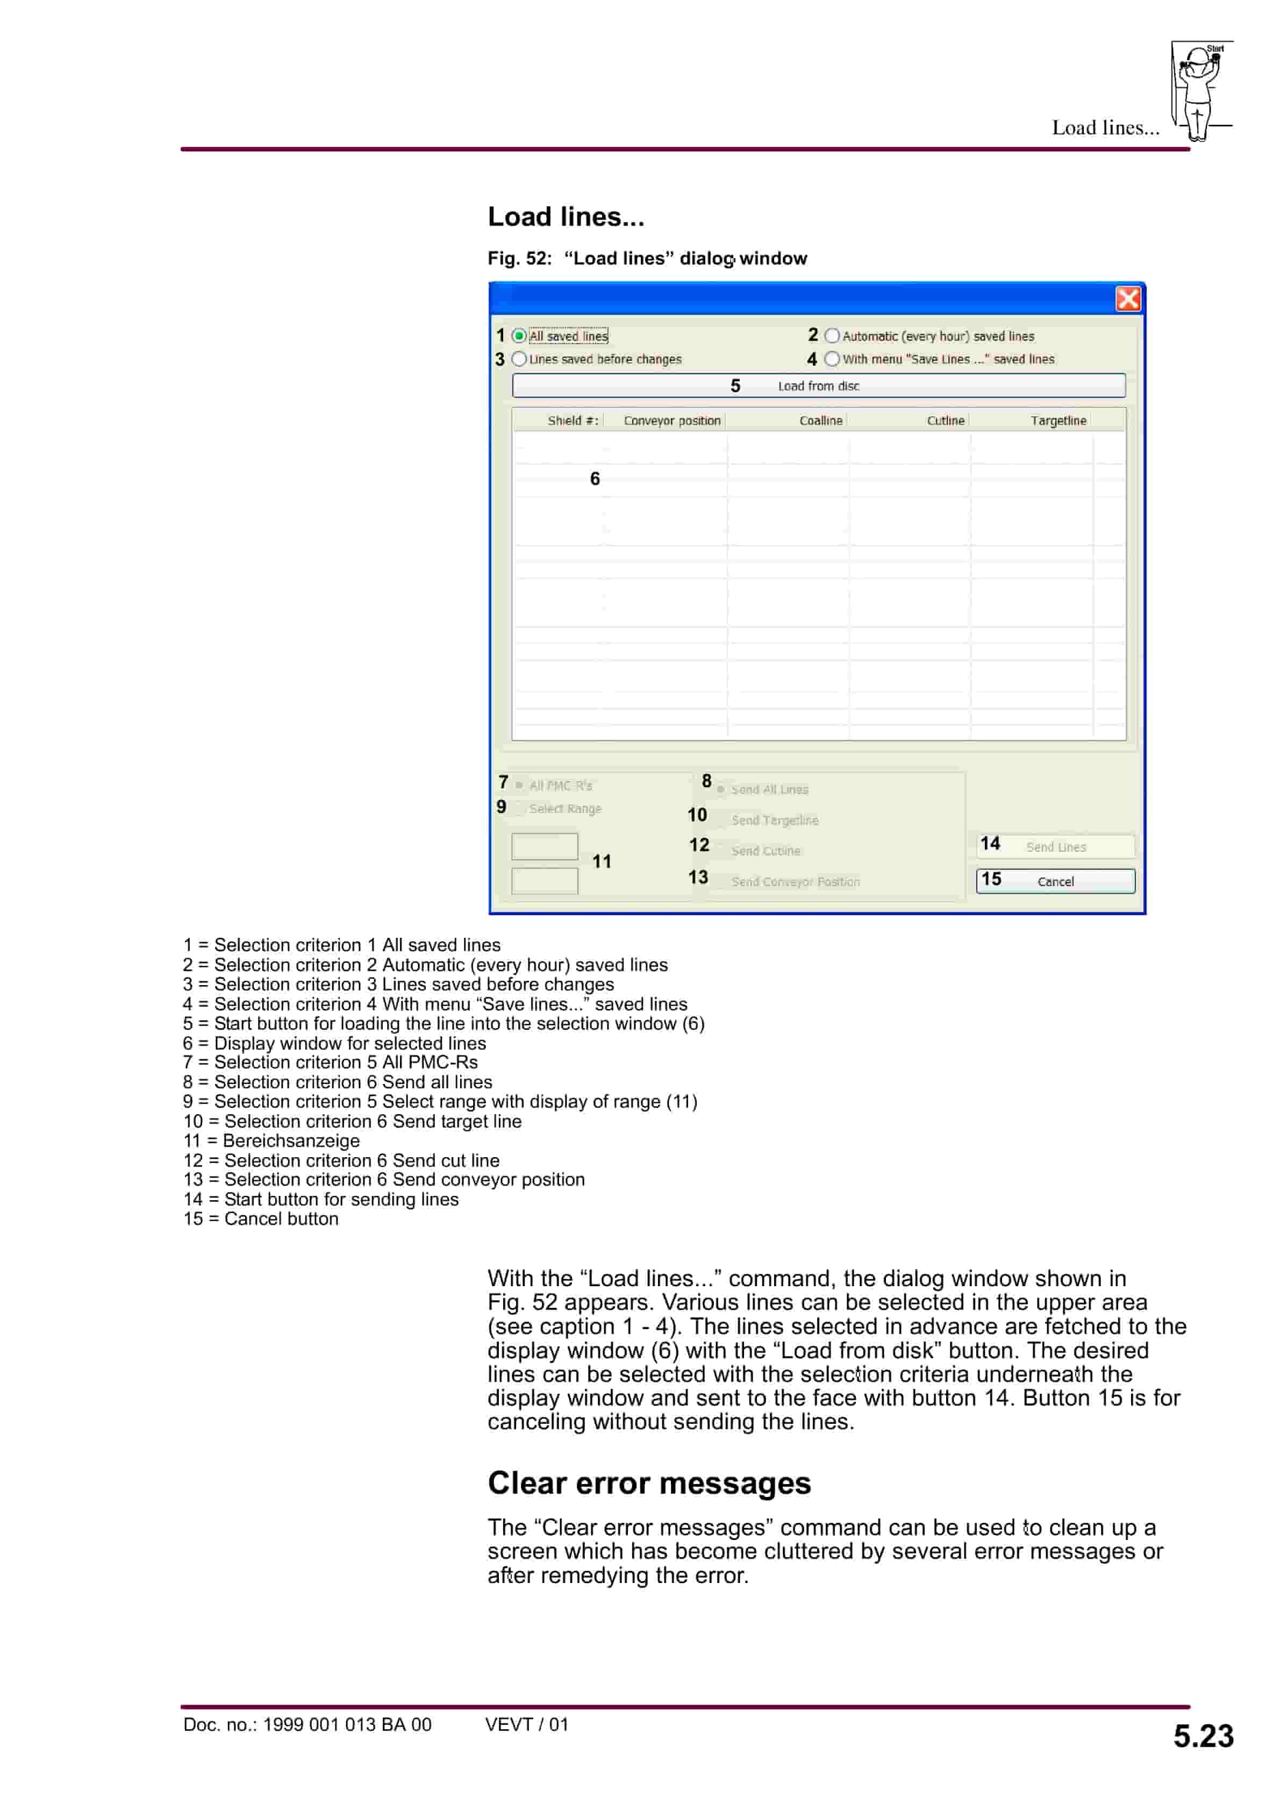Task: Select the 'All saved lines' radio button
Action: pyautogui.click(x=519, y=336)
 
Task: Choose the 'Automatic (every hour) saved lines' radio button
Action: pyautogui.click(x=832, y=336)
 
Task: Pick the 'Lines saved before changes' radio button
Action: pyautogui.click(x=519, y=359)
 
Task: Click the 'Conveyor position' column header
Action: pyautogui.click(x=672, y=420)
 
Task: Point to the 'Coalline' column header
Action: pyautogui.click(x=820, y=420)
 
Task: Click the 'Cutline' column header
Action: pyautogui.click(x=945, y=420)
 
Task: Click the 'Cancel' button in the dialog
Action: pyautogui.click(x=1055, y=881)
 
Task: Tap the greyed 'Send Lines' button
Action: pyautogui.click(x=1055, y=846)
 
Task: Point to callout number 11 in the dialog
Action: pyautogui.click(x=602, y=861)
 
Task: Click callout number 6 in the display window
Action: pyautogui.click(x=595, y=479)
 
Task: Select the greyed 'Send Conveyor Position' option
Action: pyautogui.click(x=795, y=882)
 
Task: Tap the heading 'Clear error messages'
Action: pyautogui.click(x=649, y=1484)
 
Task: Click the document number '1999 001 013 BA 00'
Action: pyautogui.click(x=347, y=1724)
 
